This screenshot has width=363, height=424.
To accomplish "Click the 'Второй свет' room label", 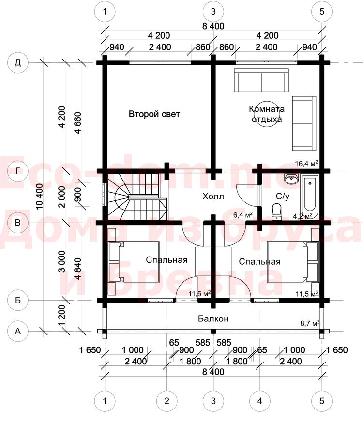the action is point(154,114).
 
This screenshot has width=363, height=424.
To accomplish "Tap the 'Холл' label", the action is point(213,197).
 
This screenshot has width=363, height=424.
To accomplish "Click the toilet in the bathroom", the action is point(276,211).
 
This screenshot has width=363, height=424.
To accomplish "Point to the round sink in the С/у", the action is point(291,179).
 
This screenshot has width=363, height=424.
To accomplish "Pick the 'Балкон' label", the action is point(213,318).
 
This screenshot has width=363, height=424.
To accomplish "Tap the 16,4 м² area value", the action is point(306,163).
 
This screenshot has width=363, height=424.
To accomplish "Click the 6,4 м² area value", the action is point(243,215).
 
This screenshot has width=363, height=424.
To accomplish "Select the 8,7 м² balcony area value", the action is point(310,323).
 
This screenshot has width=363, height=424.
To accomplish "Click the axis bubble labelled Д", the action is point(17,63).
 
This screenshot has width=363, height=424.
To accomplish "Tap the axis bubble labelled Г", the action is point(17,171).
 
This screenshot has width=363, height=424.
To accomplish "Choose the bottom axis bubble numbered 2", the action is point(166,401).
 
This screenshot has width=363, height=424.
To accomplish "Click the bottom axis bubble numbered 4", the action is point(260,401).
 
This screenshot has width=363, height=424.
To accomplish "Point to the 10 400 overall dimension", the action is point(39,197).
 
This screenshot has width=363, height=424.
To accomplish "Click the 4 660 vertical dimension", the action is point(77,122).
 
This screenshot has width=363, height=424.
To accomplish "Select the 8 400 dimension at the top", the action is point(213,26).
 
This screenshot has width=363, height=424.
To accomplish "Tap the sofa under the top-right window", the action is point(261,80).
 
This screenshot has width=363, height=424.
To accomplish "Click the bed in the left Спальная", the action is point(134,262).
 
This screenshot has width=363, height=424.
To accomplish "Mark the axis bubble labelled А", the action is point(17,331).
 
